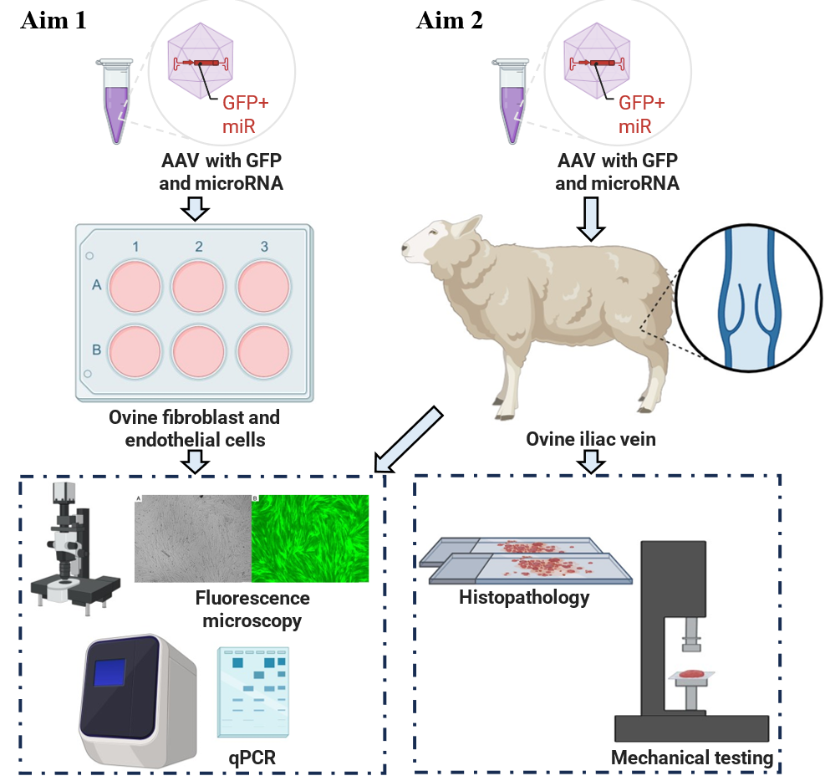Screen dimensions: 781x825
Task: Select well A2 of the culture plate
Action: pyautogui.click(x=198, y=285)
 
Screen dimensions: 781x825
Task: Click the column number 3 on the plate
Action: pyautogui.click(x=264, y=247)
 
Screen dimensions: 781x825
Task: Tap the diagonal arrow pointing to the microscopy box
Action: pyautogui.click(x=410, y=439)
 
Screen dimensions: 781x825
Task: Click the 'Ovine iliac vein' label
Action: pyautogui.click(x=592, y=438)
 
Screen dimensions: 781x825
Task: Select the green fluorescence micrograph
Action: pyautogui.click(x=310, y=539)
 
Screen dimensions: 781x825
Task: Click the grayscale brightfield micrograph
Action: pyautogui.click(x=192, y=539)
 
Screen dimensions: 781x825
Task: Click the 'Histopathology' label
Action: pyautogui.click(x=523, y=597)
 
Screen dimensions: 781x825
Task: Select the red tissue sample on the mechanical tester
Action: pyautogui.click(x=691, y=673)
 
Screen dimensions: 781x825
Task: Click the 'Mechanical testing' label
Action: pyautogui.click(x=691, y=758)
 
